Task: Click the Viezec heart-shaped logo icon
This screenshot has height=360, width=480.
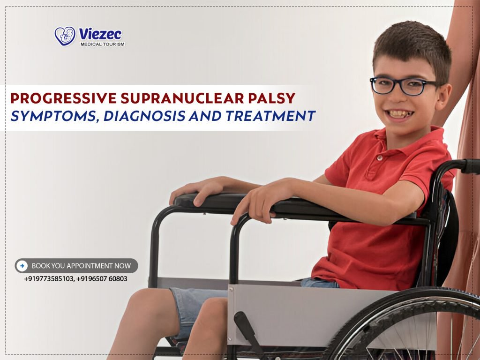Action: pos(65,36)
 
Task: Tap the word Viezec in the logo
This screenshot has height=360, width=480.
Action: pos(100,34)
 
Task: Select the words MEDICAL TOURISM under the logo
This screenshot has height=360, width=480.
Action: pos(102,45)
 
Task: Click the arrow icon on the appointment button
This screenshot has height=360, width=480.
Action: pos(22,266)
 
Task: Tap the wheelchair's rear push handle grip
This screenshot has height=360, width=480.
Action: pos(471,166)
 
